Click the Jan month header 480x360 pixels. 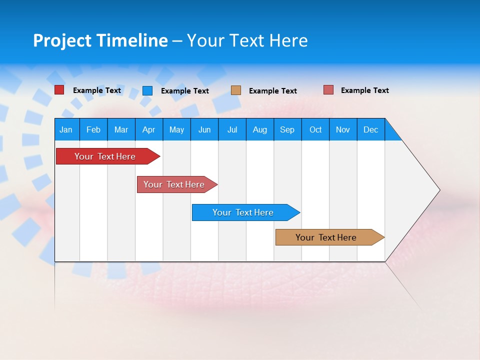[x=66, y=129]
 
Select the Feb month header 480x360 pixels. [x=93, y=129]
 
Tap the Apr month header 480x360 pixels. [x=149, y=129]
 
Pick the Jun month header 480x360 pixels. [x=204, y=129]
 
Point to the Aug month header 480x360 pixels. [x=260, y=129]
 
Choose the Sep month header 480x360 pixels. [x=287, y=129]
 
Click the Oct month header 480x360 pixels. [x=315, y=129]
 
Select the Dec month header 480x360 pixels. [x=371, y=129]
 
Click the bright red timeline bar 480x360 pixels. [x=105, y=156]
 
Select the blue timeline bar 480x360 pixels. [x=243, y=212]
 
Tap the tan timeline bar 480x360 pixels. [x=326, y=237]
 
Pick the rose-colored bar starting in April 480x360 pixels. [x=174, y=184]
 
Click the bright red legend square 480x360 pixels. [x=59, y=90]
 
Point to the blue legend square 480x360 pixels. [x=147, y=90]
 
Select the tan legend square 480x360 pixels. [x=236, y=90]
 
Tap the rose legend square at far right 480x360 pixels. [x=328, y=90]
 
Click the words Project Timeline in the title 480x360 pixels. [x=100, y=40]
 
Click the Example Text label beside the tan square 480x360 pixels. [x=273, y=90]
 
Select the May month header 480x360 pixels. [x=176, y=129]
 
